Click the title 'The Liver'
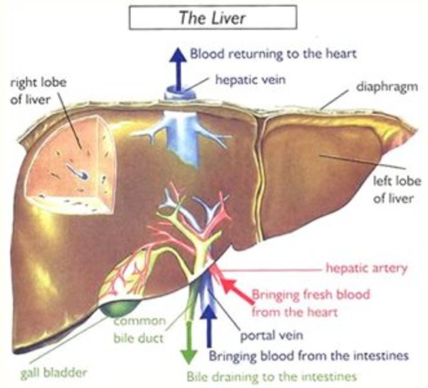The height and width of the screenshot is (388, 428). pyautogui.click(x=213, y=17)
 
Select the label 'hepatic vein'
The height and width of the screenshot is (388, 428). pyautogui.click(x=250, y=79)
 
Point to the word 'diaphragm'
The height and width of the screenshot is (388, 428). pyautogui.click(x=387, y=87)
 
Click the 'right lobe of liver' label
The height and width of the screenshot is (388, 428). pyautogui.click(x=38, y=91)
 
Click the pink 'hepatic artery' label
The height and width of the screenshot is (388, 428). pyautogui.click(x=366, y=268)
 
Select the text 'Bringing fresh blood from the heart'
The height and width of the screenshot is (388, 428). pyautogui.click(x=310, y=303)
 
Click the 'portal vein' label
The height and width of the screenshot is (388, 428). pyautogui.click(x=271, y=335)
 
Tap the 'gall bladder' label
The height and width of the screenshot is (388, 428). pyautogui.click(x=53, y=373)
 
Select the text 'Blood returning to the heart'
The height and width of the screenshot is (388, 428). pyautogui.click(x=273, y=54)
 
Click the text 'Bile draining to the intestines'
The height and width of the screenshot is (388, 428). pyautogui.click(x=271, y=377)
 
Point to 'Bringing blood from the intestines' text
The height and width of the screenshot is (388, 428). pyautogui.click(x=309, y=356)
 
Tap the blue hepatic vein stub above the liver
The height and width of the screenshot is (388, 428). pyautogui.click(x=180, y=94)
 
